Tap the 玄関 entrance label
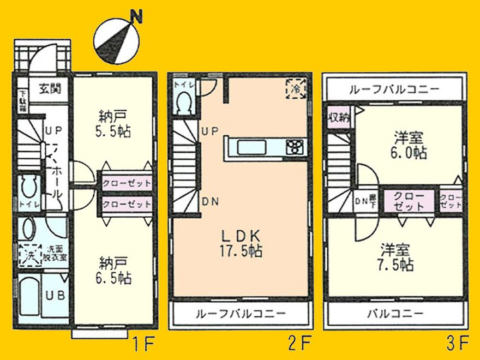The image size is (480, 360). click(x=50, y=87)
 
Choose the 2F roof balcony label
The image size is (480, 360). click(x=241, y=314)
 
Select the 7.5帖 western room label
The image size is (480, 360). click(x=396, y=257)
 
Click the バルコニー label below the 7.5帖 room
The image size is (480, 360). click(x=395, y=314)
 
